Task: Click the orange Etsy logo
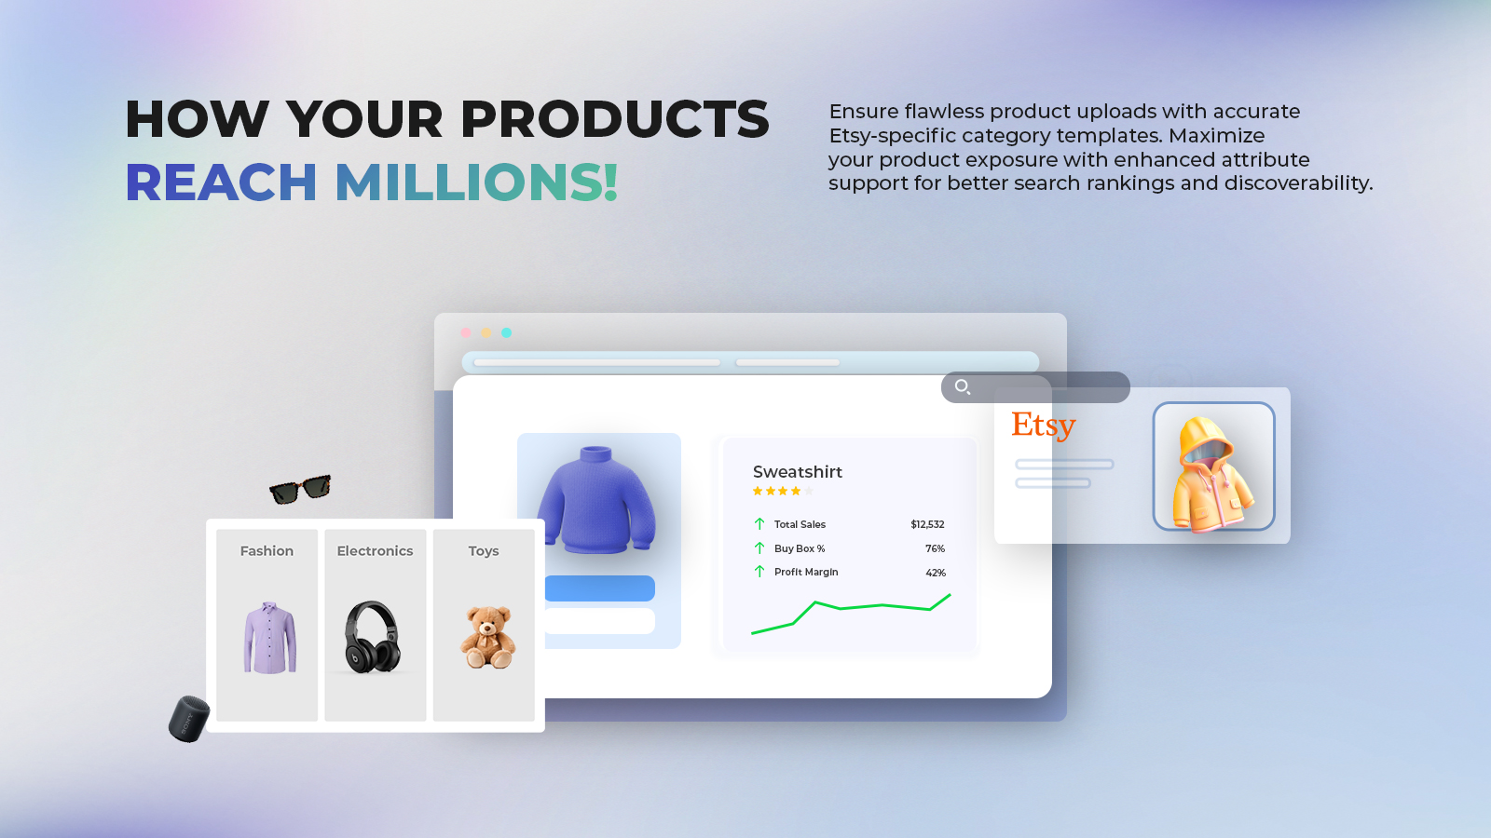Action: tap(1043, 425)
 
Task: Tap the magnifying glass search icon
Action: tap(963, 387)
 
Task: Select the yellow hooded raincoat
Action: tap(1213, 474)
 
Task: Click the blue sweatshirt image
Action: tap(596, 500)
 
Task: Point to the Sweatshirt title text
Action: tap(798, 471)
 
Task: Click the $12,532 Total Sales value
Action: tap(927, 524)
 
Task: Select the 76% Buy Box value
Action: tap(936, 548)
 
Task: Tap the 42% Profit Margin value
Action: tap(936, 573)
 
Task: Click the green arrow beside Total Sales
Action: tap(759, 524)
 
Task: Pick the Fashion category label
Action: tap(267, 550)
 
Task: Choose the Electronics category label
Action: tap(375, 550)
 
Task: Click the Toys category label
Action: tap(484, 551)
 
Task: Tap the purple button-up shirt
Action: tap(269, 638)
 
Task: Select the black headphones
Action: tap(372, 637)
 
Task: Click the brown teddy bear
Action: tap(488, 637)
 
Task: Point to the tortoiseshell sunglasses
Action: tap(300, 490)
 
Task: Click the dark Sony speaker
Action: tap(189, 719)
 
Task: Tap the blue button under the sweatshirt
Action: tap(600, 588)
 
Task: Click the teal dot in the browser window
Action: tap(507, 332)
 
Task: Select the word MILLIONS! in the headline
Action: tap(476, 182)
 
